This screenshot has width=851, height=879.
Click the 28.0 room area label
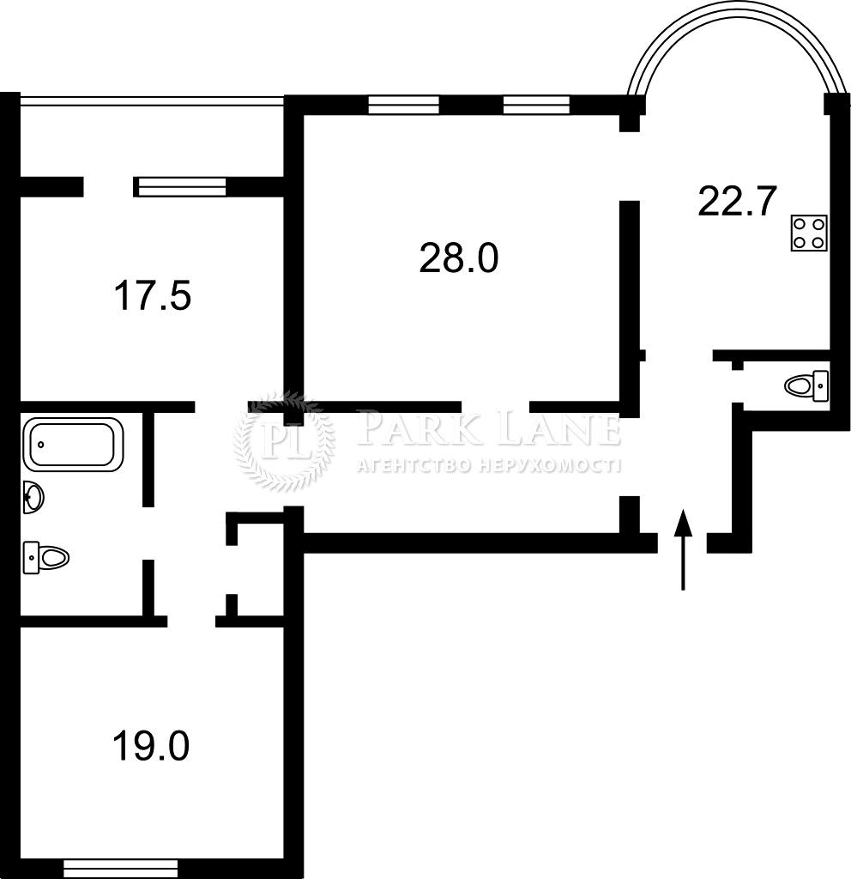[x=458, y=258]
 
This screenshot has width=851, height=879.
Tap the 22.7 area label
[x=737, y=203]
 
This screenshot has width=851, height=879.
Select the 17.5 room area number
[x=152, y=296]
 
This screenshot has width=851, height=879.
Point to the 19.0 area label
[x=150, y=745]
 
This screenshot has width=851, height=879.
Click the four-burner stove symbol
[x=809, y=232]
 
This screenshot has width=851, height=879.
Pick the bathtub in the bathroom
[x=73, y=444]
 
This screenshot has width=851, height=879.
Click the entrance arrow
[x=683, y=549]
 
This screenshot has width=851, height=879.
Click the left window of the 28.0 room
[x=403, y=105]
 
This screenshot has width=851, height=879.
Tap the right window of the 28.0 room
[x=536, y=105]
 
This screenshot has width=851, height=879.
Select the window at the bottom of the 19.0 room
[x=121, y=868]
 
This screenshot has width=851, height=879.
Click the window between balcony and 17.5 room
[x=183, y=186]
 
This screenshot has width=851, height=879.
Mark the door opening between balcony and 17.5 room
[x=108, y=186]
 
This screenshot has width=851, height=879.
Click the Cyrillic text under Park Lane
[x=487, y=466]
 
